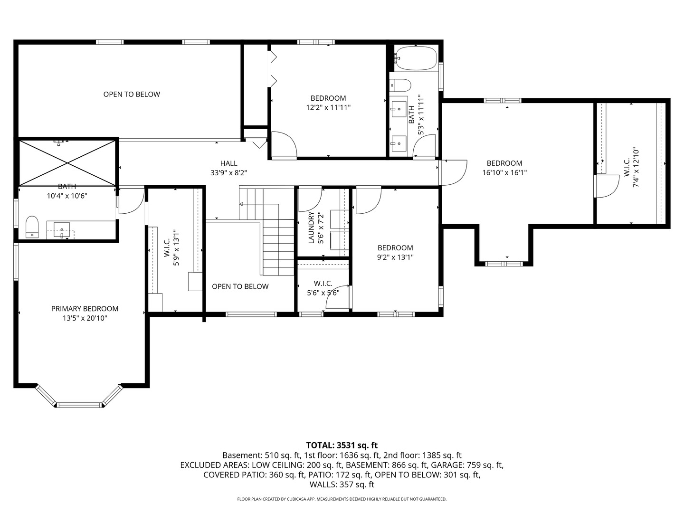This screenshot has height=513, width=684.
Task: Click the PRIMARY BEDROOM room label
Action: (85, 309)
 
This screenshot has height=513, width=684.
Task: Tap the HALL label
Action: (229, 163)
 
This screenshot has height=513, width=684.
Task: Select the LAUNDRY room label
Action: (311, 228)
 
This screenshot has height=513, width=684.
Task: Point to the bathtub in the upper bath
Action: (416, 58)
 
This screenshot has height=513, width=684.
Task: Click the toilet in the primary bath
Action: (32, 227)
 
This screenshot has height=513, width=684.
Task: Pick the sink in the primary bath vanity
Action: (62, 229)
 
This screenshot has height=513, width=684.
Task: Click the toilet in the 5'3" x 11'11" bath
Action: (400, 85)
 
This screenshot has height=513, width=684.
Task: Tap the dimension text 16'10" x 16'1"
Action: (504, 172)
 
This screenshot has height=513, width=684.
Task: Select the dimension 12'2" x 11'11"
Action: (328, 108)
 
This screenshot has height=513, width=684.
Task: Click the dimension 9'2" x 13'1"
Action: (395, 257)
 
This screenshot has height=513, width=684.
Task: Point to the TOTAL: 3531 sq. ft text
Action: (342, 445)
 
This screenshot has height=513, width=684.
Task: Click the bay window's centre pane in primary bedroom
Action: (80, 405)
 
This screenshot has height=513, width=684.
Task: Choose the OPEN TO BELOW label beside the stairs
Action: (240, 286)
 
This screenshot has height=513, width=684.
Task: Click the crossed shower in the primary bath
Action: (67, 163)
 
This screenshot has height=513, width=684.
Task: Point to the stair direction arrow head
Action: (241, 204)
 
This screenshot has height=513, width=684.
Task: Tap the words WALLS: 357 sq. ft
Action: (342, 484)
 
